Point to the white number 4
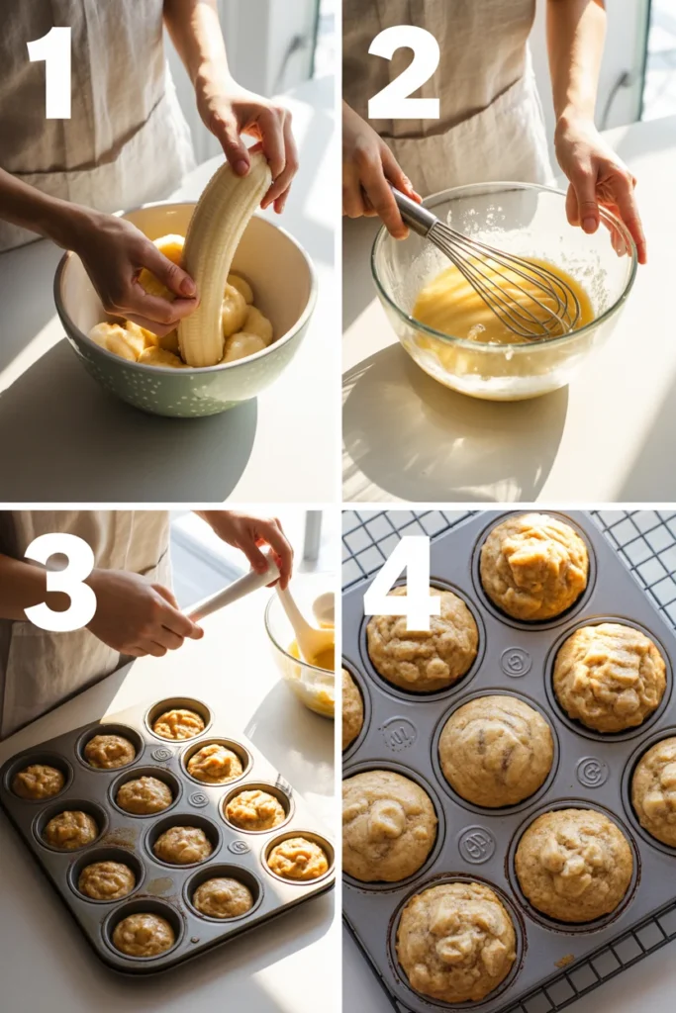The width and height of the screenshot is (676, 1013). coord(402,583)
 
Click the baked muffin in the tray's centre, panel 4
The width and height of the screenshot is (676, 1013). coord(496,750)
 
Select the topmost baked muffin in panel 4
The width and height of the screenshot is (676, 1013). coord(533,567)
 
